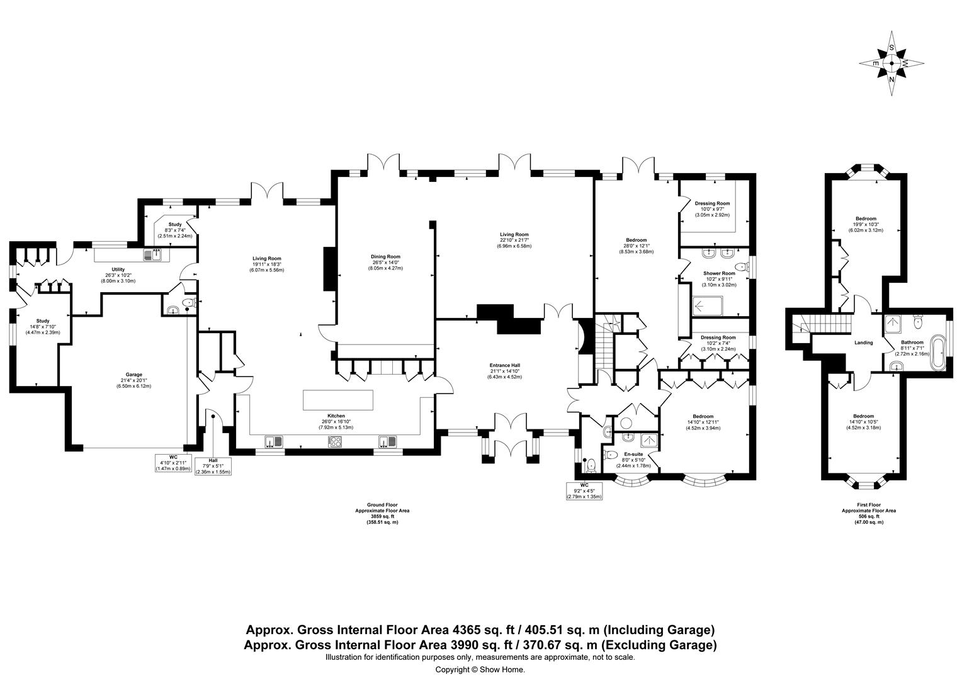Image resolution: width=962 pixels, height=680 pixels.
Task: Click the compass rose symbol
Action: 891,64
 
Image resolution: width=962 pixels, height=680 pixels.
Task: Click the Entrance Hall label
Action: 506,371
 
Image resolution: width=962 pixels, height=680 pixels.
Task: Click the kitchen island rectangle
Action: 339,400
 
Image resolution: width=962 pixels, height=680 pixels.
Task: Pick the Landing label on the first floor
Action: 863,343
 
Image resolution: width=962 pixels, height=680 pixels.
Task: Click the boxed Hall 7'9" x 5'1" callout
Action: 213,466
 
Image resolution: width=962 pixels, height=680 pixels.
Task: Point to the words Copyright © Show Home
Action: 480,670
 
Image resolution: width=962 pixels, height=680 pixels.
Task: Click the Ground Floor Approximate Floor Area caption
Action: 382,513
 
